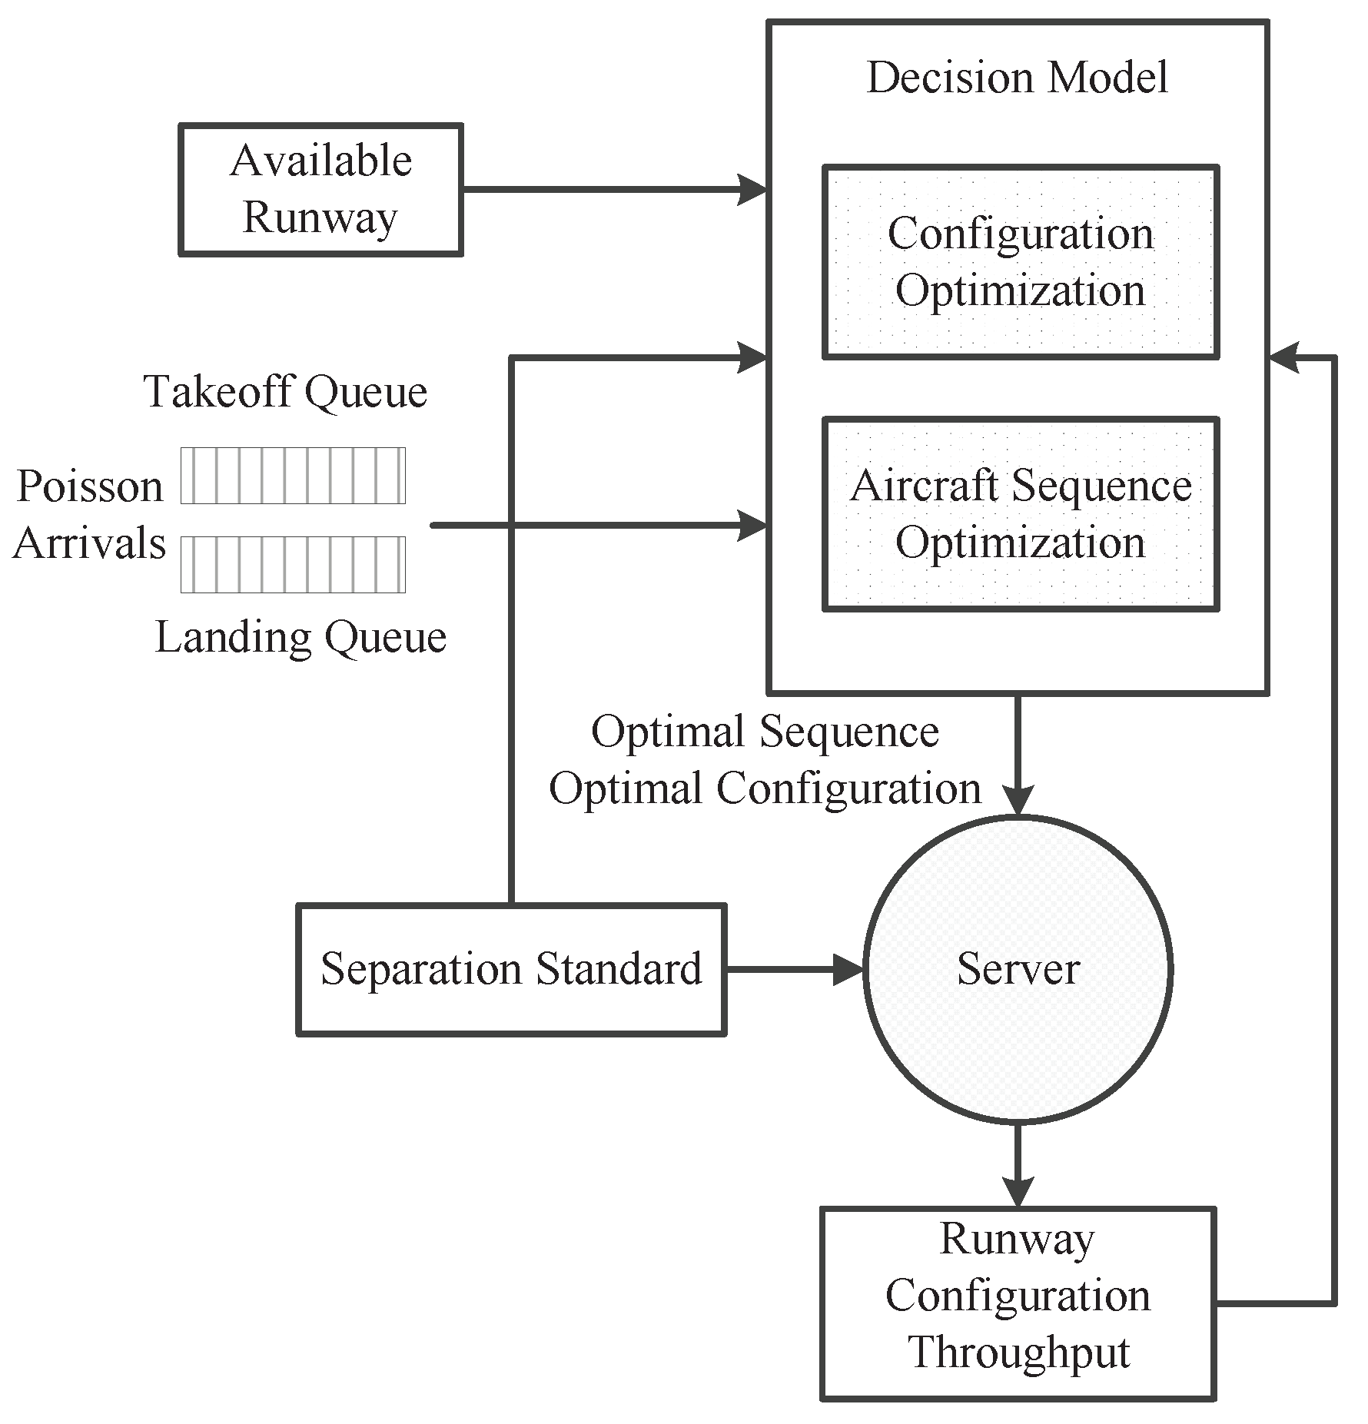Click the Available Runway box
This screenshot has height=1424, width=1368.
(320, 189)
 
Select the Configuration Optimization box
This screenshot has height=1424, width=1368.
(1020, 262)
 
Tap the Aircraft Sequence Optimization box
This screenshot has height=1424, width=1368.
(1020, 514)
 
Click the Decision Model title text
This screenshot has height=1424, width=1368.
(1017, 78)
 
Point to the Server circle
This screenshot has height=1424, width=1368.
(1018, 969)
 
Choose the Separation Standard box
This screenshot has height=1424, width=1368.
(511, 969)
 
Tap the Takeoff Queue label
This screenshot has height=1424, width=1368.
(285, 392)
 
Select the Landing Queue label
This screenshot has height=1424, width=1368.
(300, 637)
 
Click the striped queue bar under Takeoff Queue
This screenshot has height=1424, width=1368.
(293, 476)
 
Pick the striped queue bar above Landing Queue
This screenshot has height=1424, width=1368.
(293, 565)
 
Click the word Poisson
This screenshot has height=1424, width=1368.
(90, 486)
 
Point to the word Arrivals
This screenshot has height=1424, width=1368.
(89, 543)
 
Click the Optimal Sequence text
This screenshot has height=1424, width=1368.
(765, 731)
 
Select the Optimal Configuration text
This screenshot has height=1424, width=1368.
(765, 788)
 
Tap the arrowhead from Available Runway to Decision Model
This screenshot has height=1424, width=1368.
(752, 189)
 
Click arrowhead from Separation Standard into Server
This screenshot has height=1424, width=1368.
(850, 969)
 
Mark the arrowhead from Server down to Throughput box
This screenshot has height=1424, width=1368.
(1018, 1190)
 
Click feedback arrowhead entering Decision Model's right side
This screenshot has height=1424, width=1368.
(1284, 357)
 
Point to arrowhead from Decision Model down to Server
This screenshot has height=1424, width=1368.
(1018, 801)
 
